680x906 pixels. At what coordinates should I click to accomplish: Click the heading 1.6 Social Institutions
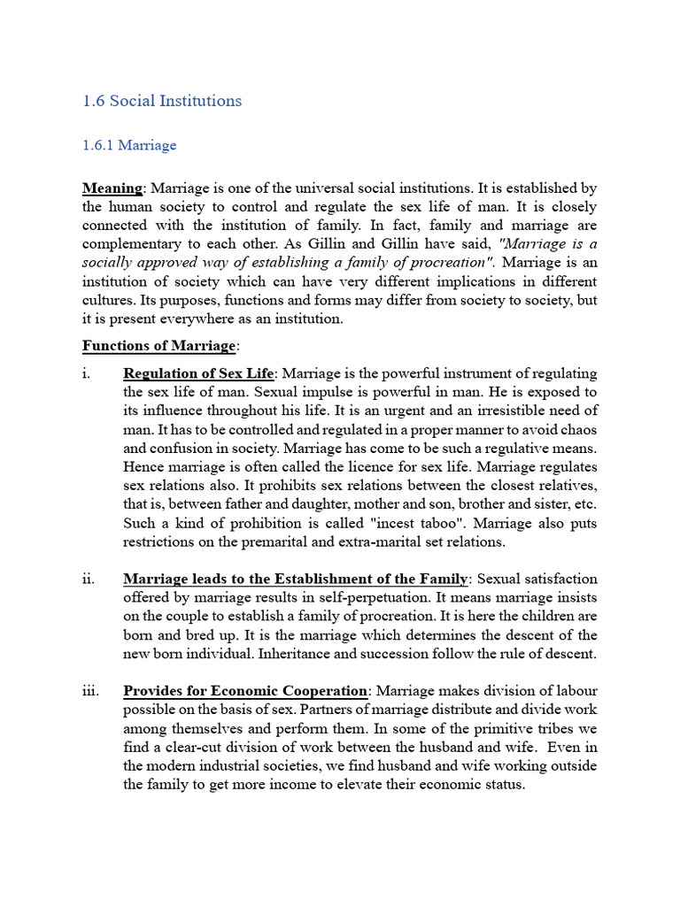point(162,101)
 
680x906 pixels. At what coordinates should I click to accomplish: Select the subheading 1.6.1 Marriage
point(129,145)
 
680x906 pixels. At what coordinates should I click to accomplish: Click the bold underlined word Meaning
point(112,188)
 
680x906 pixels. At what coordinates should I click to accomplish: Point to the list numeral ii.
point(89,579)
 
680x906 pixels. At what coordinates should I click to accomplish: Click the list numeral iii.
point(89,691)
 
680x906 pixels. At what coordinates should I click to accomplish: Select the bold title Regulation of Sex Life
point(199,373)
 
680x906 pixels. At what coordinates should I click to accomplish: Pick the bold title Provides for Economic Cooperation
point(245,691)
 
